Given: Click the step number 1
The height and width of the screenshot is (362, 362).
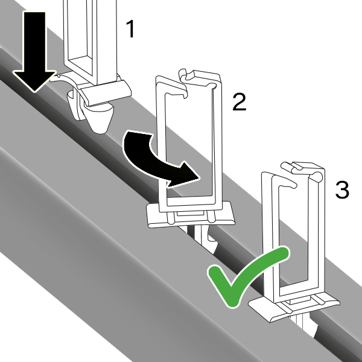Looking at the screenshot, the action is click(x=131, y=29).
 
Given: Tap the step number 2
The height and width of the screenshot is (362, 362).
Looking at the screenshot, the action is click(x=239, y=102).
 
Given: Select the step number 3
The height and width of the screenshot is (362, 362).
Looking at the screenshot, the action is click(x=342, y=190).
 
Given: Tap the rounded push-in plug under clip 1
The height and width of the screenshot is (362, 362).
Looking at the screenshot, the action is click(x=100, y=118).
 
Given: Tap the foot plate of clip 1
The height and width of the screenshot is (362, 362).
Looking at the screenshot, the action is click(x=104, y=92).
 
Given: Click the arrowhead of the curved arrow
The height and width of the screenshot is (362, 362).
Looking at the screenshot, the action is click(x=185, y=174).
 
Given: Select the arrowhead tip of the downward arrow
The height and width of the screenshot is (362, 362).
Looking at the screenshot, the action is click(x=34, y=92).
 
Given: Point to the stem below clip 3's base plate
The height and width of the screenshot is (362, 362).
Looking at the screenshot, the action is click(x=301, y=323).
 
